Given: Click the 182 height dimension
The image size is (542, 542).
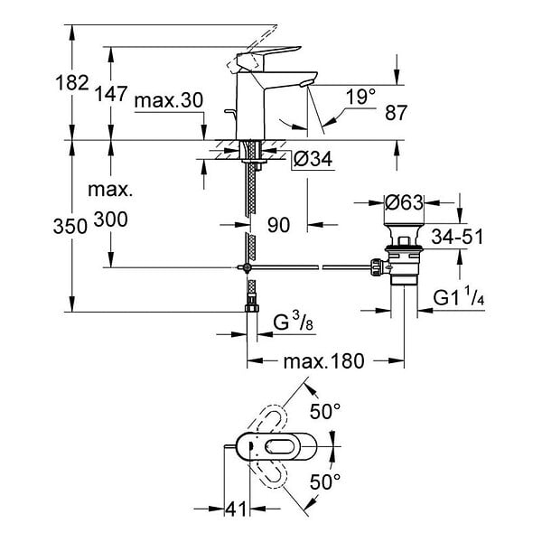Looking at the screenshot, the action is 72,83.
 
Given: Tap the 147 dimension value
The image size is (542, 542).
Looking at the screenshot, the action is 111,94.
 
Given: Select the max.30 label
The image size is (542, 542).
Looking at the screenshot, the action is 169,100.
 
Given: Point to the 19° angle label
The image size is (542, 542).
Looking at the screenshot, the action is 360,97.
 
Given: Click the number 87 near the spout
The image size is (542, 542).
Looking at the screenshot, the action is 397,112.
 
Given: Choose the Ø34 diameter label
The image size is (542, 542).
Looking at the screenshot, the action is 313,159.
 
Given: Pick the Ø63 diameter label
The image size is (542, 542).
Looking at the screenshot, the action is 404,202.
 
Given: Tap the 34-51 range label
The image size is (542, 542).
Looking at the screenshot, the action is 457,237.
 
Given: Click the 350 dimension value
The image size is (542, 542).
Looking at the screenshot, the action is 70,227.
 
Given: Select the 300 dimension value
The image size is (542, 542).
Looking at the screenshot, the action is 111,220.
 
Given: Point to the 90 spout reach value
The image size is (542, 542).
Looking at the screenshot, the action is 278,225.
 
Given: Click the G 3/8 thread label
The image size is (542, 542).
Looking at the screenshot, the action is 293,323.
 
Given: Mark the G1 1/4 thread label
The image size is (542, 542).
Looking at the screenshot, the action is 459,297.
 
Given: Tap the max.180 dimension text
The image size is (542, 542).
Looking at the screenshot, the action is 324,361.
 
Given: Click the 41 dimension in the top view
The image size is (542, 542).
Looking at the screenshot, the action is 237,509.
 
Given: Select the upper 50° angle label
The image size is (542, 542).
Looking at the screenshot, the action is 325,411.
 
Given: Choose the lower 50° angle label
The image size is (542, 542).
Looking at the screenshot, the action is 325,481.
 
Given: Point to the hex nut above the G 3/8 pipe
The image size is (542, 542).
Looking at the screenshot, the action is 252,308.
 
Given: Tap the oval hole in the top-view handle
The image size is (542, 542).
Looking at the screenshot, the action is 278,446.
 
